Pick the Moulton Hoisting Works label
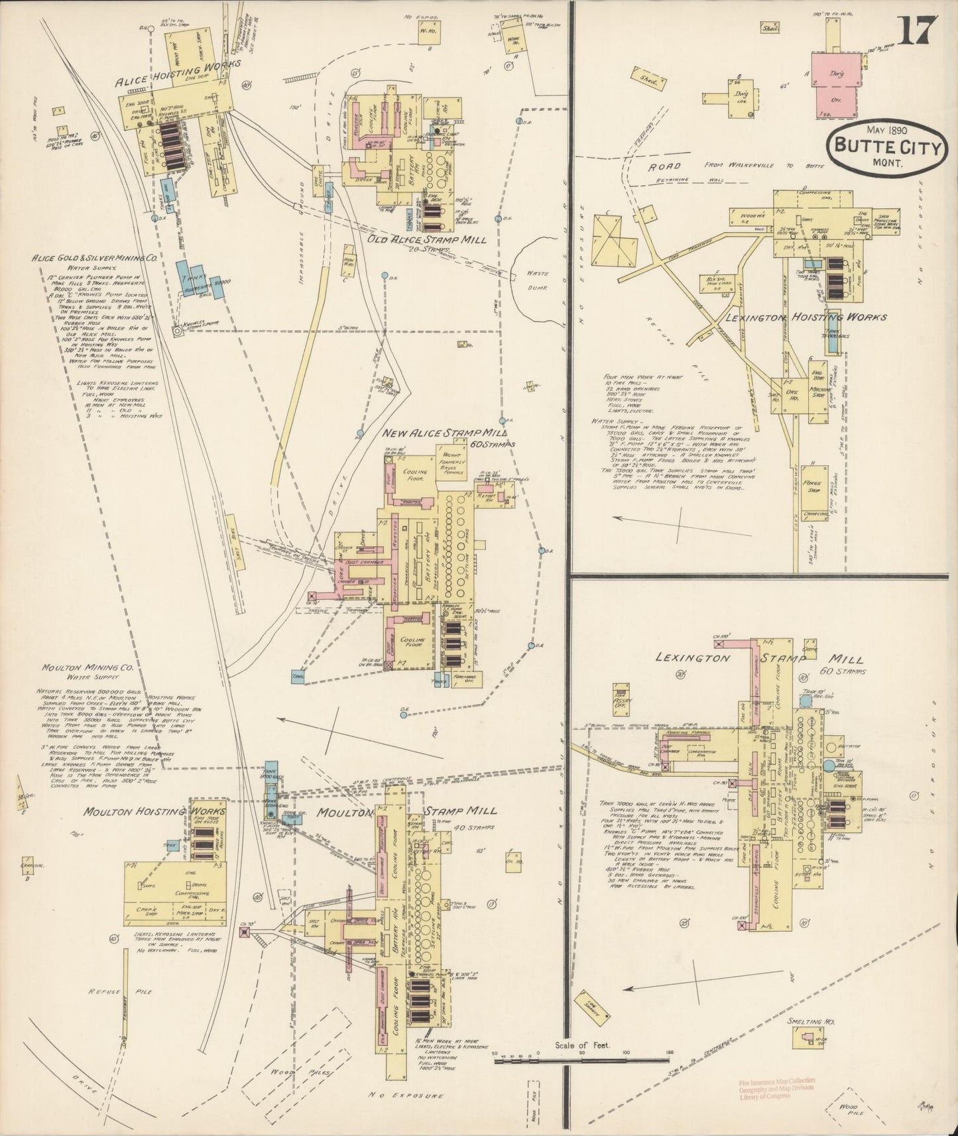(155, 812)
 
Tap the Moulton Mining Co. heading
(89, 667)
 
